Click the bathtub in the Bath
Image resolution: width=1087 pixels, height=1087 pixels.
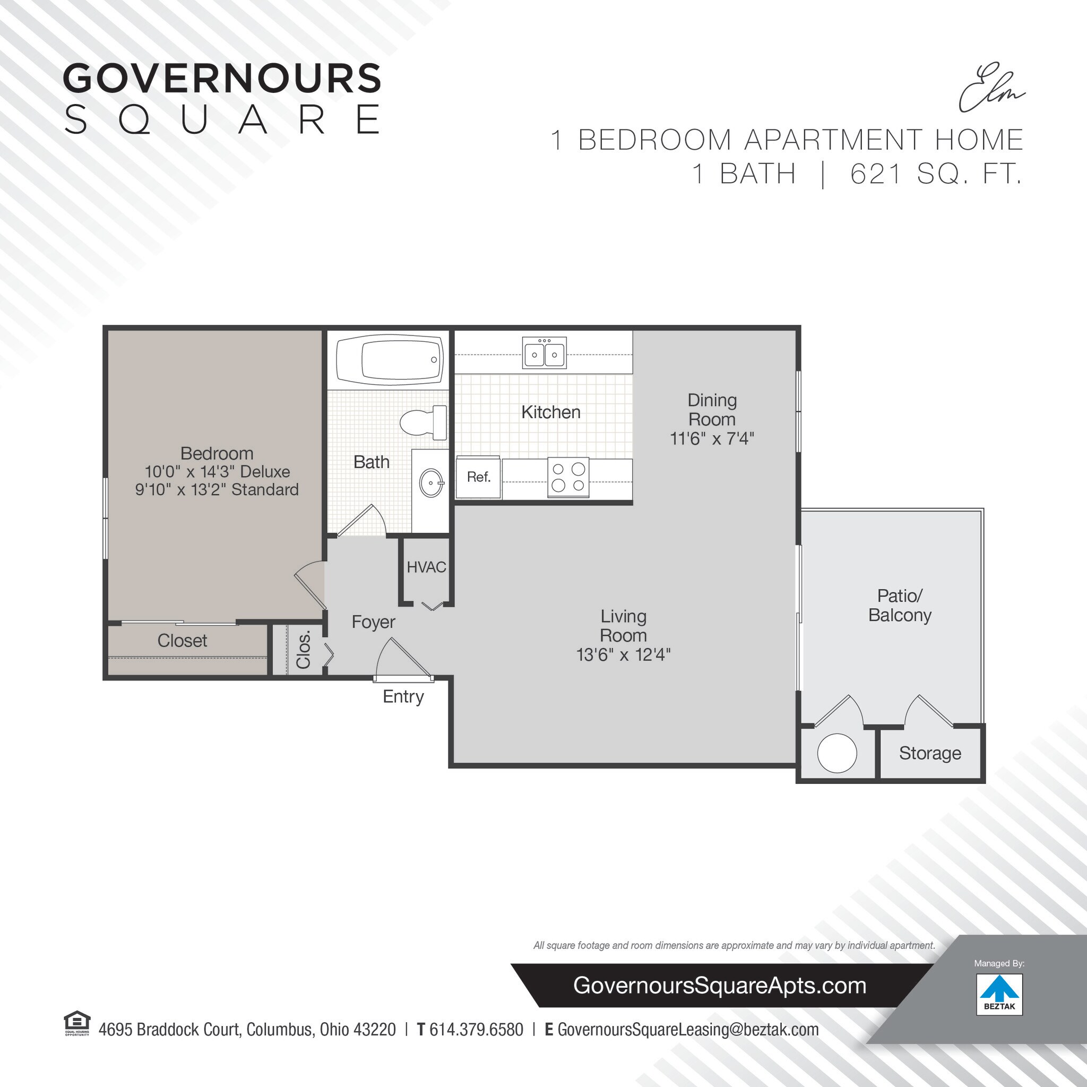click(390, 360)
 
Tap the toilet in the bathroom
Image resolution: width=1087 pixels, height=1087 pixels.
click(422, 422)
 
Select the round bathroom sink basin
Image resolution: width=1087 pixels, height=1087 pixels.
click(432, 482)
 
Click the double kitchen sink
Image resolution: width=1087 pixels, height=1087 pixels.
click(544, 353)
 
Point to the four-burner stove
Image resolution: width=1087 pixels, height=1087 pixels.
click(568, 477)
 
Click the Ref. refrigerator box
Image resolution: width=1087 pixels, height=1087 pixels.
click(478, 477)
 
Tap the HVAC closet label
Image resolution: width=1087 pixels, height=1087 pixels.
click(426, 567)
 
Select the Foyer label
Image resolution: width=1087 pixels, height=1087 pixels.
click(373, 622)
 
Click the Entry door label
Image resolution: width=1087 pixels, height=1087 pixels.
click(403, 696)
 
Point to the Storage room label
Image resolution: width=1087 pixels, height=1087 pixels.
click(929, 753)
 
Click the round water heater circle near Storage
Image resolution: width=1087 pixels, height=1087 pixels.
click(836, 753)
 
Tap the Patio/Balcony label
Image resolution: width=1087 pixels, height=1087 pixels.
click(899, 606)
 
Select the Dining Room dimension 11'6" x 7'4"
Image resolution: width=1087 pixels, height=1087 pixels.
click(711, 438)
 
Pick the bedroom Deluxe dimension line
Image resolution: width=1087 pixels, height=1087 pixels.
click(217, 471)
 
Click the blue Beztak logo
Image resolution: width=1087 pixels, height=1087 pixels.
click(999, 994)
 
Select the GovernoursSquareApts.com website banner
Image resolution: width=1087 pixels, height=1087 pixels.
click(719, 986)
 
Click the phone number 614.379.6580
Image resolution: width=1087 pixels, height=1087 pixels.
click(476, 1030)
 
